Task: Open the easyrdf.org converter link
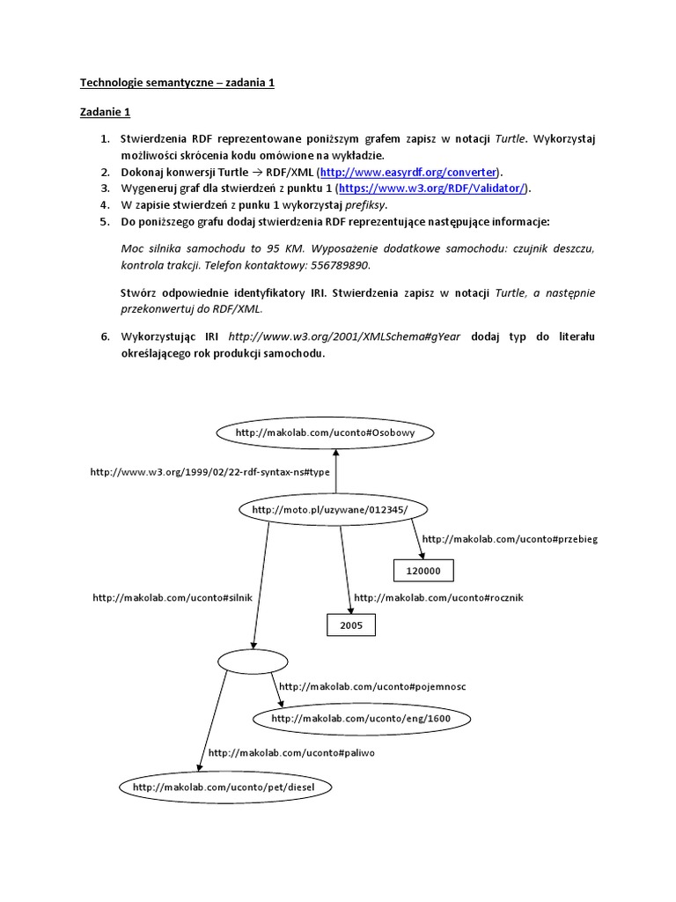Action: [408, 172]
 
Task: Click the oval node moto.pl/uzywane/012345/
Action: [328, 509]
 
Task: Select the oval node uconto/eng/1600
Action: [361, 719]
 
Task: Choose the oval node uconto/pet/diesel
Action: [223, 786]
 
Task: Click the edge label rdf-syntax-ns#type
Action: [209, 472]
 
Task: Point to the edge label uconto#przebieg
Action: [510, 539]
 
